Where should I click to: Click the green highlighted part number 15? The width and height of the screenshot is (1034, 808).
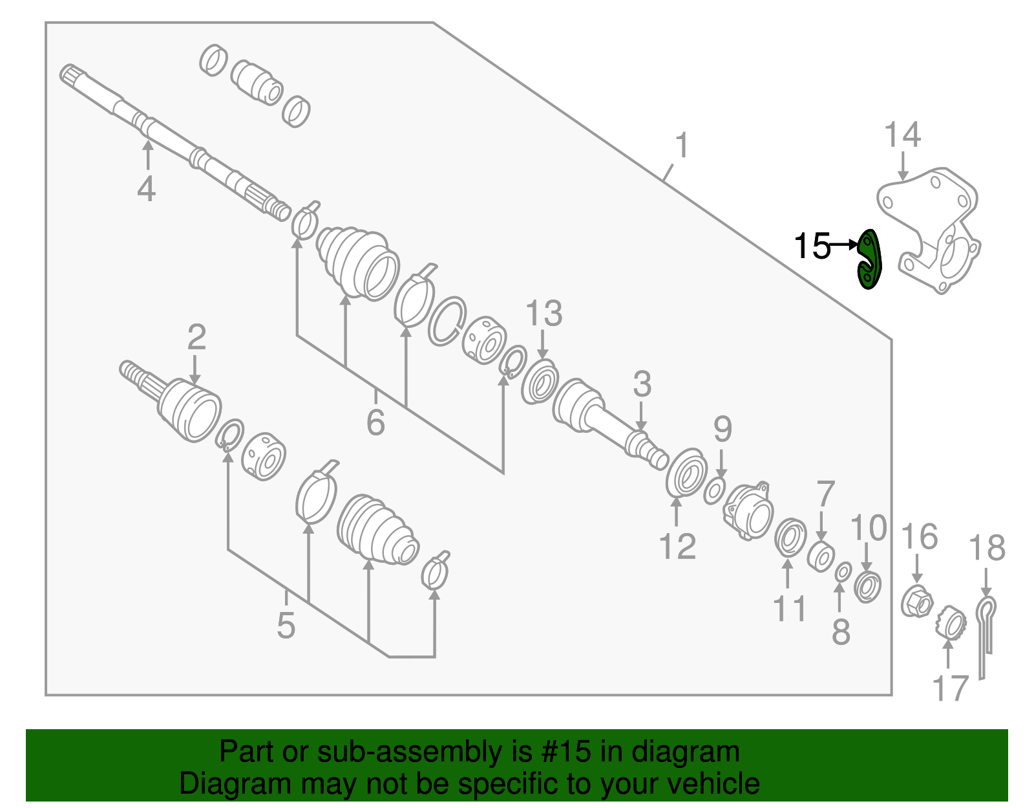869,260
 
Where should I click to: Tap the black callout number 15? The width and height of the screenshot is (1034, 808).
812,246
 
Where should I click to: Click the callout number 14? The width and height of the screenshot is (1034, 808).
902,136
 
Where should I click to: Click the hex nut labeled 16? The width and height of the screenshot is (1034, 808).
917,602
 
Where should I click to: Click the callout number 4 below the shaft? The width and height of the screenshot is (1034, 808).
147,190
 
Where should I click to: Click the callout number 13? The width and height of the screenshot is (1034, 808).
543,314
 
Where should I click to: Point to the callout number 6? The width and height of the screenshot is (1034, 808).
375,422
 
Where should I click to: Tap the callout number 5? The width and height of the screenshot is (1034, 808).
286,626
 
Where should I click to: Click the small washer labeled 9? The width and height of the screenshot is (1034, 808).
714,491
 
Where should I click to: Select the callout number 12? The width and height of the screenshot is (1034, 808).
677,547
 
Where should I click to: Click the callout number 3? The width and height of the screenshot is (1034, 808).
642,384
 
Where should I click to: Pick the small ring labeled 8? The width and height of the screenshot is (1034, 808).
842,572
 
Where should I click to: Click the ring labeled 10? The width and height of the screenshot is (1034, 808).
867,587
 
